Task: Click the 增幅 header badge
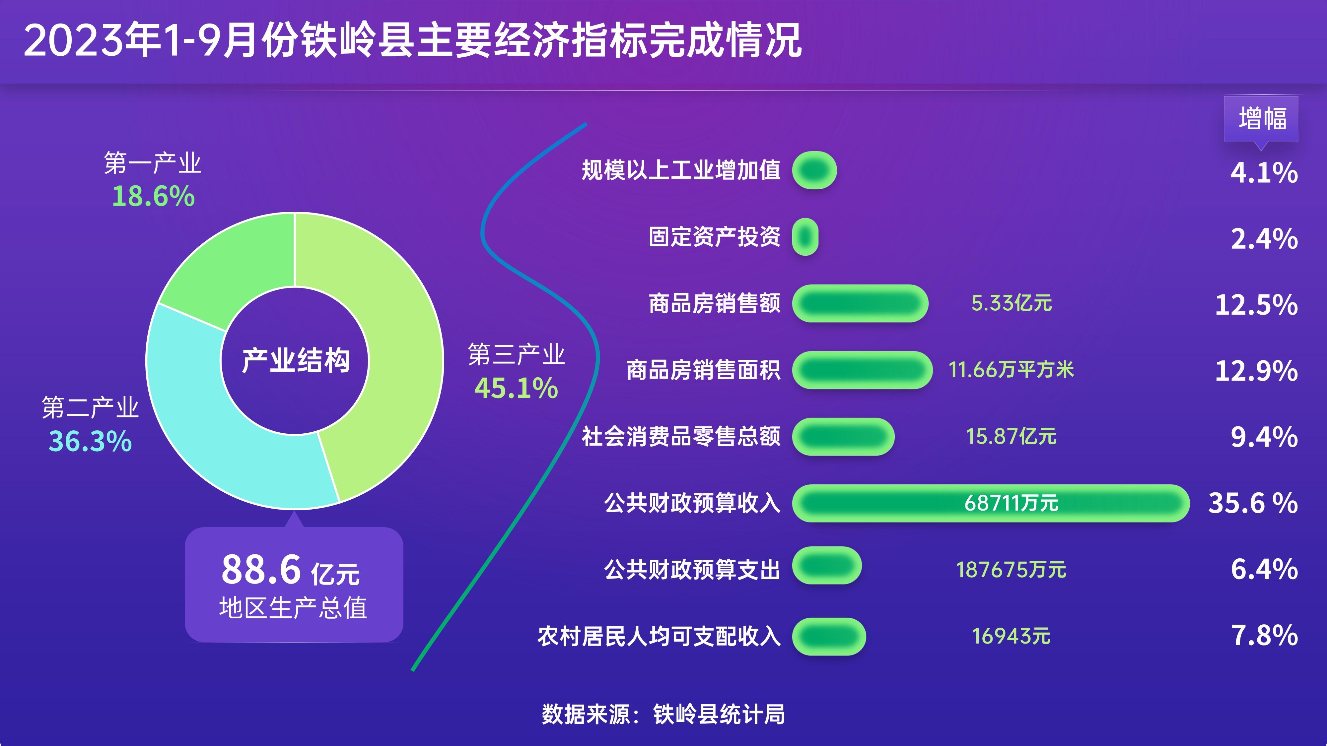click(x=1261, y=119)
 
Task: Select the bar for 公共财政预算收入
click(x=991, y=503)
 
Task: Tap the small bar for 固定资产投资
click(x=805, y=237)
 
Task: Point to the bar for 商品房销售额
click(x=860, y=303)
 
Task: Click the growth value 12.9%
click(x=1256, y=371)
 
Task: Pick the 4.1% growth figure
click(x=1264, y=172)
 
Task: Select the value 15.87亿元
click(x=1011, y=437)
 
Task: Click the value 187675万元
click(x=1011, y=570)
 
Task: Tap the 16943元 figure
click(x=1011, y=636)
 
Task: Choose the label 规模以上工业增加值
click(x=681, y=170)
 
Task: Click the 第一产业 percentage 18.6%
click(x=154, y=197)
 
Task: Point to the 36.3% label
click(x=90, y=441)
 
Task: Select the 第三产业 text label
click(x=516, y=355)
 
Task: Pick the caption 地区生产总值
click(x=293, y=608)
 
